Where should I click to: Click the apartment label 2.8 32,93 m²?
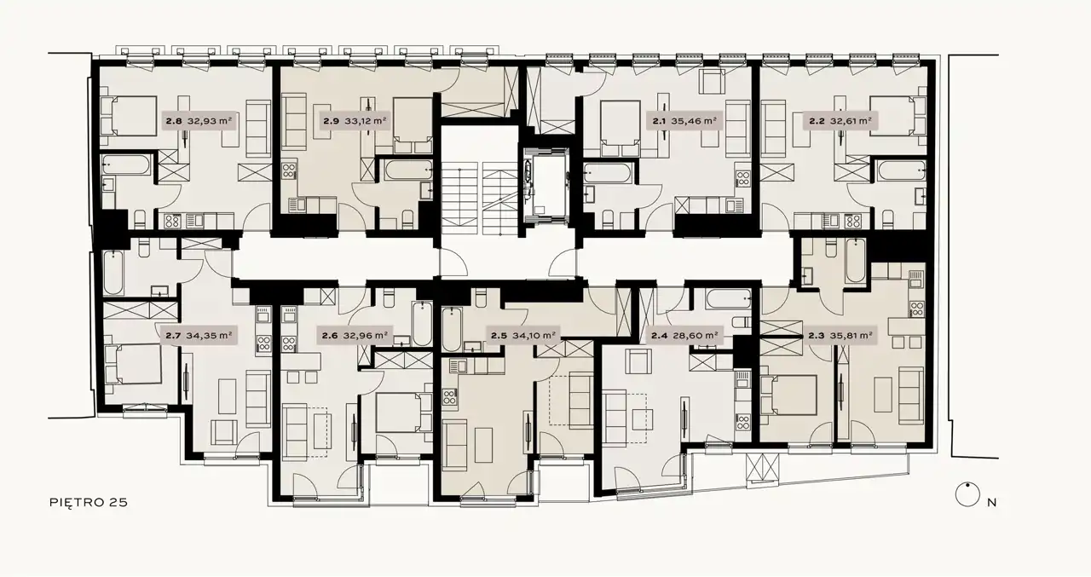coord(199,120)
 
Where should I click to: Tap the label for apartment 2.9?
coord(355,120)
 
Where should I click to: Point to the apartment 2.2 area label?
coord(840,120)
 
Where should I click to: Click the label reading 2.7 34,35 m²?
coord(199,336)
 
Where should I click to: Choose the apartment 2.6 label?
coord(355,336)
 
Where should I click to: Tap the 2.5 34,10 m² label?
coord(523,336)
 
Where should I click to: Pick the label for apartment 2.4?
coord(685,336)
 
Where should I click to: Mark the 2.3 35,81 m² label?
coord(840,336)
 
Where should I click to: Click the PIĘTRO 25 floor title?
coord(89,502)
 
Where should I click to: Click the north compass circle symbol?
coord(967,495)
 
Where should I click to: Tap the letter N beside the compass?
coord(991,503)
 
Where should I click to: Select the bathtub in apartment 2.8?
coord(125,164)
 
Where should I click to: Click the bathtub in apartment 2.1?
coord(608,173)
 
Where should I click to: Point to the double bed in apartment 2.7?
coord(134,364)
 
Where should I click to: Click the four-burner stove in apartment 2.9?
coord(289,170)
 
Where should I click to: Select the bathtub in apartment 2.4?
coord(729,299)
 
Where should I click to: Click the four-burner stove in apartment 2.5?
coord(449,396)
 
